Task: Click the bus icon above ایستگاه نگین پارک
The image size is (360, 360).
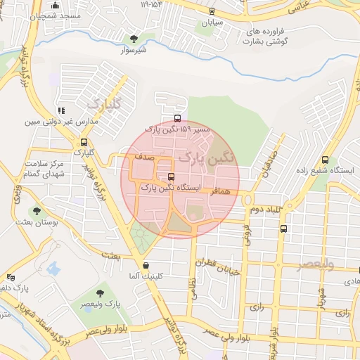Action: coord(172,176)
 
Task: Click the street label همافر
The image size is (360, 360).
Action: coord(220,191)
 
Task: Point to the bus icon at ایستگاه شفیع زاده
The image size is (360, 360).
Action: coord(325,160)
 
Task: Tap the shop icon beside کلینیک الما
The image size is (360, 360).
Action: coord(146,266)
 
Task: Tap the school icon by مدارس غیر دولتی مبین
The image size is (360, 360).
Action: coord(62,110)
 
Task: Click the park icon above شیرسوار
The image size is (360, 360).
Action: coord(134,39)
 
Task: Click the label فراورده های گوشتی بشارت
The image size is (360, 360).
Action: coord(268,37)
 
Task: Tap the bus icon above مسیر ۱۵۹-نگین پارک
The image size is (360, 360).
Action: coord(176,118)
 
